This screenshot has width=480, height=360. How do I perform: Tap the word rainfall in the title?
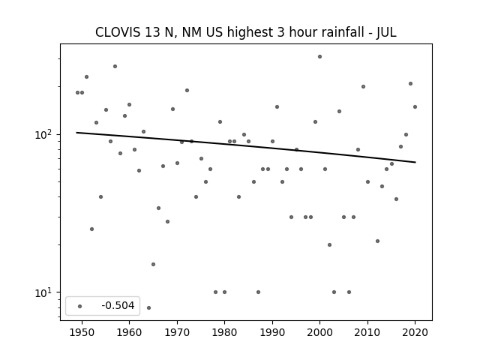(x=345, y=32)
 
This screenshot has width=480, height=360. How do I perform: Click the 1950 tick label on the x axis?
(x=82, y=332)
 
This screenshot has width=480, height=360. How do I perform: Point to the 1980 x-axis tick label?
(x=224, y=332)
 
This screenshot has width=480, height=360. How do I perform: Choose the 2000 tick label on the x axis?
(x=319, y=332)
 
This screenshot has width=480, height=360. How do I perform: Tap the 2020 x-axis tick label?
(x=415, y=332)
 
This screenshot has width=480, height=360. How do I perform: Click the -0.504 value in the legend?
(x=118, y=305)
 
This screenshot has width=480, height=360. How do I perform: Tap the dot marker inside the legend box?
(x=80, y=306)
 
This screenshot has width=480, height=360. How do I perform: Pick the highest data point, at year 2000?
(x=319, y=57)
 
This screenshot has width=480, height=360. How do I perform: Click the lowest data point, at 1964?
(x=148, y=307)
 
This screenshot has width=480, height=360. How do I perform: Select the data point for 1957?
(x=115, y=67)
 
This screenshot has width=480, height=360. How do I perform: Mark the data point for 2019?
(x=410, y=83)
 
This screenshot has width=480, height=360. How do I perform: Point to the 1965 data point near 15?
(x=153, y=264)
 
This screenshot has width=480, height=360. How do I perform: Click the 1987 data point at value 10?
(x=258, y=292)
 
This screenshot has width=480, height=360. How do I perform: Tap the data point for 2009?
(x=363, y=87)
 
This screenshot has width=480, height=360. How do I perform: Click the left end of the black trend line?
(x=76, y=133)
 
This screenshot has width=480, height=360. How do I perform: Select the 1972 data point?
(x=187, y=90)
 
